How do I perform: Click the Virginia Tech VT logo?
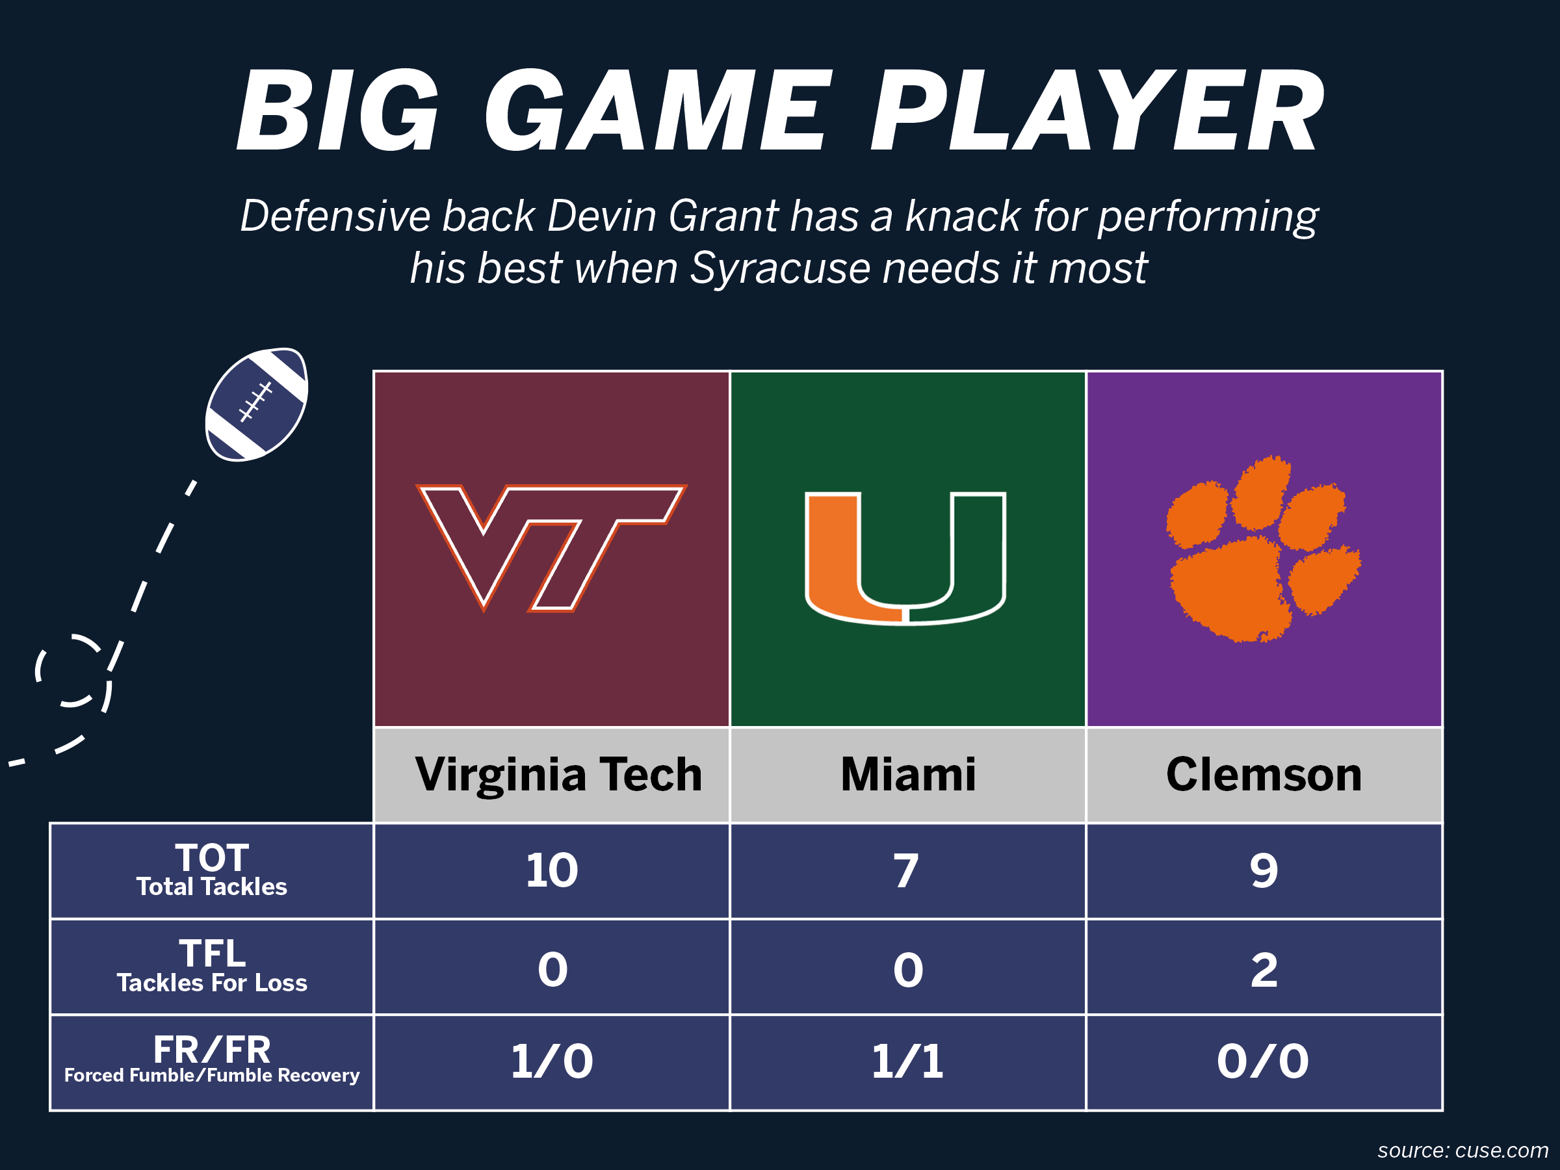(x=551, y=547)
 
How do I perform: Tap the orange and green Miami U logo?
(x=905, y=557)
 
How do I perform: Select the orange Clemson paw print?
(x=1262, y=549)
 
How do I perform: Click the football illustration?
(x=256, y=404)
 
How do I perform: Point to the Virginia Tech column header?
(x=558, y=774)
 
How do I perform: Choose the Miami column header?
(x=907, y=774)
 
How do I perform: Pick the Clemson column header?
(x=1264, y=774)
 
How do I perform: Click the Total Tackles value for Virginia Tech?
(x=551, y=870)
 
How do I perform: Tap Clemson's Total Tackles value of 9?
(x=1264, y=871)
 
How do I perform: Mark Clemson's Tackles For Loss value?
(x=1264, y=970)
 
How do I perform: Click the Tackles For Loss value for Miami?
(x=907, y=970)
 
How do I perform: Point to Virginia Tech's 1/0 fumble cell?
(x=551, y=1061)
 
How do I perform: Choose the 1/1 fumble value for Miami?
(x=907, y=1061)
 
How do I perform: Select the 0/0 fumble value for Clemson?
(x=1262, y=1061)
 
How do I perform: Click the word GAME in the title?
(x=653, y=111)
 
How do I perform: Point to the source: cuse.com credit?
(x=1462, y=1150)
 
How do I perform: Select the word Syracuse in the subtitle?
(x=780, y=268)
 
